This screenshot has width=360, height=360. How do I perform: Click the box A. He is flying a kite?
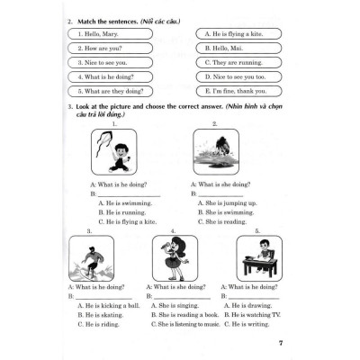[236, 31]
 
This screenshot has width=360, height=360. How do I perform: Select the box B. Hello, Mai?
[236, 47]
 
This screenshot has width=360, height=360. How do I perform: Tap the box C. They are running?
[236, 62]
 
